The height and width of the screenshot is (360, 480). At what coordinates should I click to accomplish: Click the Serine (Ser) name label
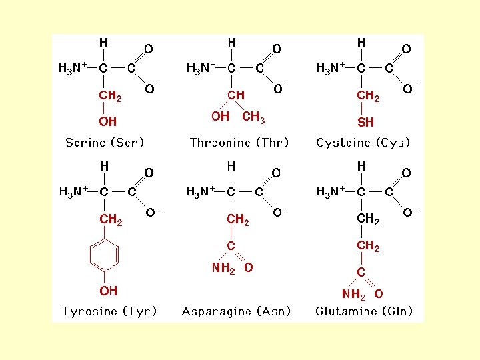click(x=105, y=143)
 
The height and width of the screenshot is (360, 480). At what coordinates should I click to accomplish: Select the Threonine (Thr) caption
click(x=239, y=143)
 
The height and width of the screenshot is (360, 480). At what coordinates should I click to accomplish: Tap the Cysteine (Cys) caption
click(x=363, y=143)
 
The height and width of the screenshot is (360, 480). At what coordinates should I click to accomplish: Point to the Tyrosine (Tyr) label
click(x=109, y=311)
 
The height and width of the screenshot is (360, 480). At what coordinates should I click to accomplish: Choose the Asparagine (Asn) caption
click(x=237, y=311)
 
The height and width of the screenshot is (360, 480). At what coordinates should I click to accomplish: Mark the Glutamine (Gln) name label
click(x=364, y=311)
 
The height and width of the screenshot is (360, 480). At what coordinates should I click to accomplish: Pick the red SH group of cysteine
click(x=365, y=123)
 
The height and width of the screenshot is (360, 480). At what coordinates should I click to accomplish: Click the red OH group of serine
click(x=107, y=122)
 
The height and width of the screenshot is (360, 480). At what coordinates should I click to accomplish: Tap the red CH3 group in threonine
click(x=253, y=117)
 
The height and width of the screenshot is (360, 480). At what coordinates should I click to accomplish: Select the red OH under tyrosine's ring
click(x=108, y=291)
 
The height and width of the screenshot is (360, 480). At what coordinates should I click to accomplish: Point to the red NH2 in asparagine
click(x=223, y=268)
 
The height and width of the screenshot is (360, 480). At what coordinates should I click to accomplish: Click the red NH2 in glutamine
click(x=353, y=294)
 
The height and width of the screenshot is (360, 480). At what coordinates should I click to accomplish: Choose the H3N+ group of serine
click(x=73, y=68)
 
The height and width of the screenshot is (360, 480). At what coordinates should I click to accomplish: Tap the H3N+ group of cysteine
click(x=330, y=67)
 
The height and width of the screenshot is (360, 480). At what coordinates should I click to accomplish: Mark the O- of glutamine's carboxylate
click(x=410, y=213)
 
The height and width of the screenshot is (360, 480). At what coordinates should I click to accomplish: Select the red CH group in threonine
click(x=235, y=95)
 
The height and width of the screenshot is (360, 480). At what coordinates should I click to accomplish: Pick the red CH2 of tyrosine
click(x=110, y=219)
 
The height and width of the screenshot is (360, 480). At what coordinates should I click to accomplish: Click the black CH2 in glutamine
click(x=368, y=219)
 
